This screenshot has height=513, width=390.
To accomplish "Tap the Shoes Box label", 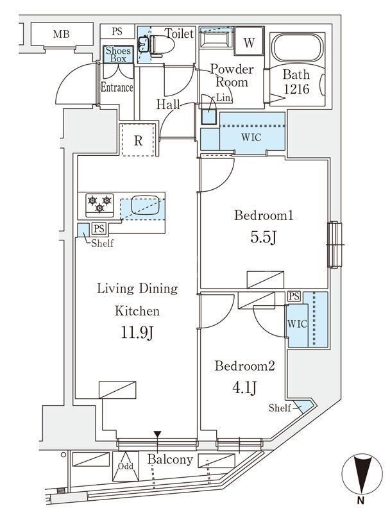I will [118, 55].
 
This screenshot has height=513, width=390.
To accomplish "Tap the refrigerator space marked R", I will [138, 140].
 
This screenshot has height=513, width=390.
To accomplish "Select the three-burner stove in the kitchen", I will [98, 204].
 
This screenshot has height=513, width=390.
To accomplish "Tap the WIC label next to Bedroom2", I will [298, 324].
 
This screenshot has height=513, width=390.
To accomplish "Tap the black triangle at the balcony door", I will [157, 435].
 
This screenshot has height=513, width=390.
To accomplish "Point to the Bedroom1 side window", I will [334, 244].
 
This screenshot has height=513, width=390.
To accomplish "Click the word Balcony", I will [169, 460].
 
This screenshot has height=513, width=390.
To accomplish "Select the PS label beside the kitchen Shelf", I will [98, 229].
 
